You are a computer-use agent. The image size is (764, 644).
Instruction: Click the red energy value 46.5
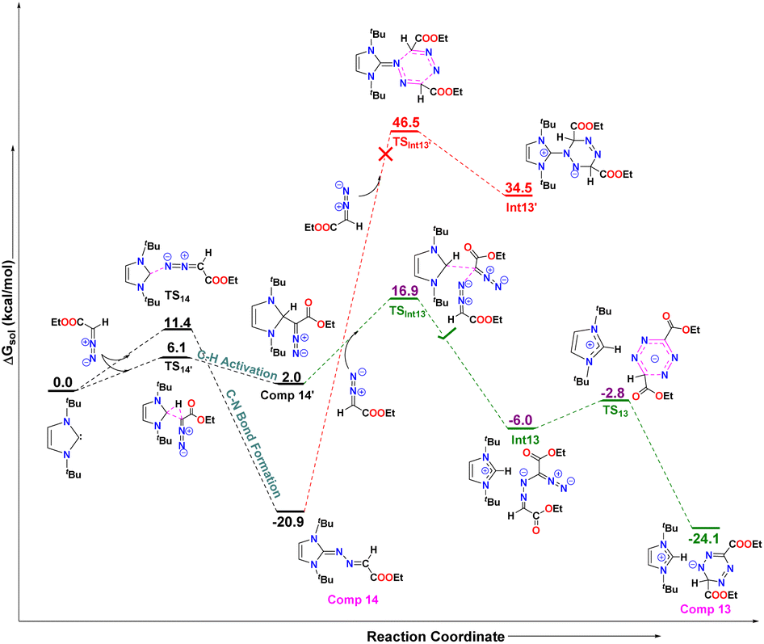(x=406, y=122)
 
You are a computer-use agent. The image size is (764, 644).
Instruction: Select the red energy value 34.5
(x=518, y=187)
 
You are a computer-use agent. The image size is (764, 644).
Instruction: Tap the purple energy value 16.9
(x=405, y=291)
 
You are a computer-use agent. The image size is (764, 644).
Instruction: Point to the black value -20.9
(x=288, y=522)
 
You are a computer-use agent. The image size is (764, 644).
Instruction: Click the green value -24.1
(x=703, y=539)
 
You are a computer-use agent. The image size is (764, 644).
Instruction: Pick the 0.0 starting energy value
(x=63, y=382)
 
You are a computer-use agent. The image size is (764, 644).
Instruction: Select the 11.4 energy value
(x=178, y=322)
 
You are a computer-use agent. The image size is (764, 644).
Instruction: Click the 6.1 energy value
(x=176, y=347)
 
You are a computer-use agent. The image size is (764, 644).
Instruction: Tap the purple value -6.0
(x=520, y=420)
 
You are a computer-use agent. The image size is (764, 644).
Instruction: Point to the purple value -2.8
(x=613, y=393)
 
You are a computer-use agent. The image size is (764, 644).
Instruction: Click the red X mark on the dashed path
(x=386, y=154)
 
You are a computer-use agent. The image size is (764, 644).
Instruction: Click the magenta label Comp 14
(x=353, y=600)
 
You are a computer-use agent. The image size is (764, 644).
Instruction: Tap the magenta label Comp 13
(x=706, y=609)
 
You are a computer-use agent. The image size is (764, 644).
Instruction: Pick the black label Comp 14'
(x=286, y=395)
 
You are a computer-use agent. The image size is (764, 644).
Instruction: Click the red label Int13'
(x=521, y=207)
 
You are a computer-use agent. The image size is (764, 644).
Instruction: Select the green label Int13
(x=525, y=440)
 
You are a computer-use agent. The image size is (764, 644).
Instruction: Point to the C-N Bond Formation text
(x=254, y=443)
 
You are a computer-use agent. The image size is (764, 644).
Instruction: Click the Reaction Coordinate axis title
(x=435, y=636)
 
